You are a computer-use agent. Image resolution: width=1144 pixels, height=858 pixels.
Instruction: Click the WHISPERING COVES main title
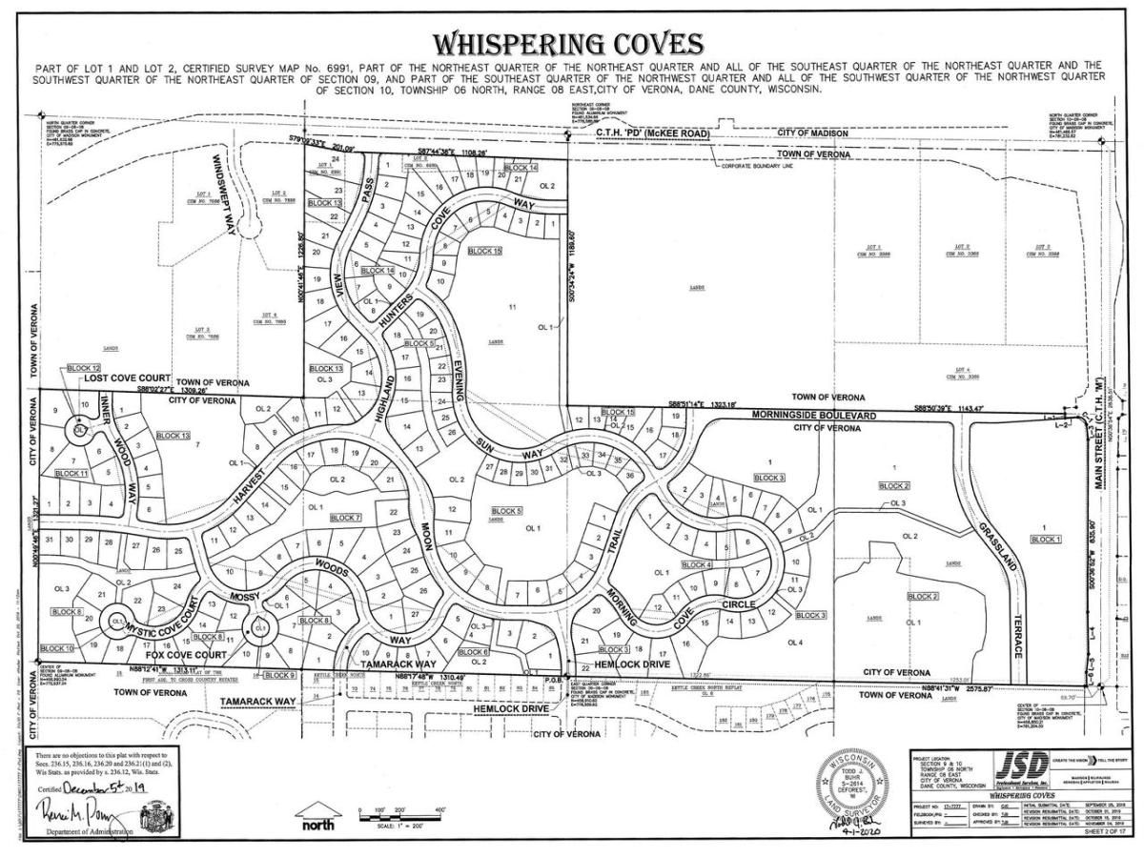569,44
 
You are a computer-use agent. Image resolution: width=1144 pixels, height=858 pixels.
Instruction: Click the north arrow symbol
317,815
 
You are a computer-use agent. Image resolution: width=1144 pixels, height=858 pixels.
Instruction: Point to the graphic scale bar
399,817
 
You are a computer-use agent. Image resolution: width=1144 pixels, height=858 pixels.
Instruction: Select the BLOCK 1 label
1044,539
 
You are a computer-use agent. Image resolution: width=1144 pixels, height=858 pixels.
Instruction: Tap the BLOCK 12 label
83,368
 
